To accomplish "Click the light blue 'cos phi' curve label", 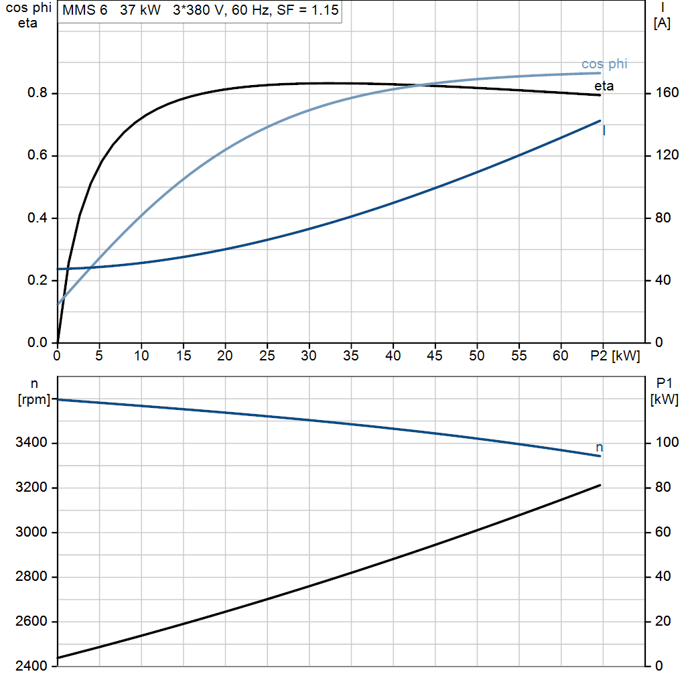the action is click(x=604, y=64).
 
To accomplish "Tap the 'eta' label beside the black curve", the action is click(x=604, y=86).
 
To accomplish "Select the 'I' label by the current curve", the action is click(x=604, y=131).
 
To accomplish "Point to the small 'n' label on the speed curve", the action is click(x=600, y=448).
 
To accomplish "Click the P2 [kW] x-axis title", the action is click(x=615, y=356).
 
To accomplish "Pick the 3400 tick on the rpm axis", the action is click(x=31, y=442).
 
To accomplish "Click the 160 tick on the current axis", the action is click(x=667, y=92).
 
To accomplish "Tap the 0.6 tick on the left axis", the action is click(x=38, y=155).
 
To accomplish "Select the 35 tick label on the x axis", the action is click(x=351, y=356).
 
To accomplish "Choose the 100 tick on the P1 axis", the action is click(x=667, y=442).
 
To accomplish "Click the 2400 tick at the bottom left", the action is click(x=31, y=666).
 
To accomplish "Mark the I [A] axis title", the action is click(x=662, y=15).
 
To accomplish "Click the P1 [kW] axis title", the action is click(x=664, y=391).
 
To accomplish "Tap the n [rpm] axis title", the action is click(x=34, y=391).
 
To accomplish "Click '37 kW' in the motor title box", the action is click(x=140, y=10).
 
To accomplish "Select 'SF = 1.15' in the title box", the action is click(x=308, y=10).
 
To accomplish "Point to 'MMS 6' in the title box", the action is click(x=85, y=10).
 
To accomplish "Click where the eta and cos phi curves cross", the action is click(x=419, y=85).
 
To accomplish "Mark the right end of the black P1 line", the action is click(x=600, y=485).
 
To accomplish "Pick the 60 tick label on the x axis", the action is click(x=561, y=356).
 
